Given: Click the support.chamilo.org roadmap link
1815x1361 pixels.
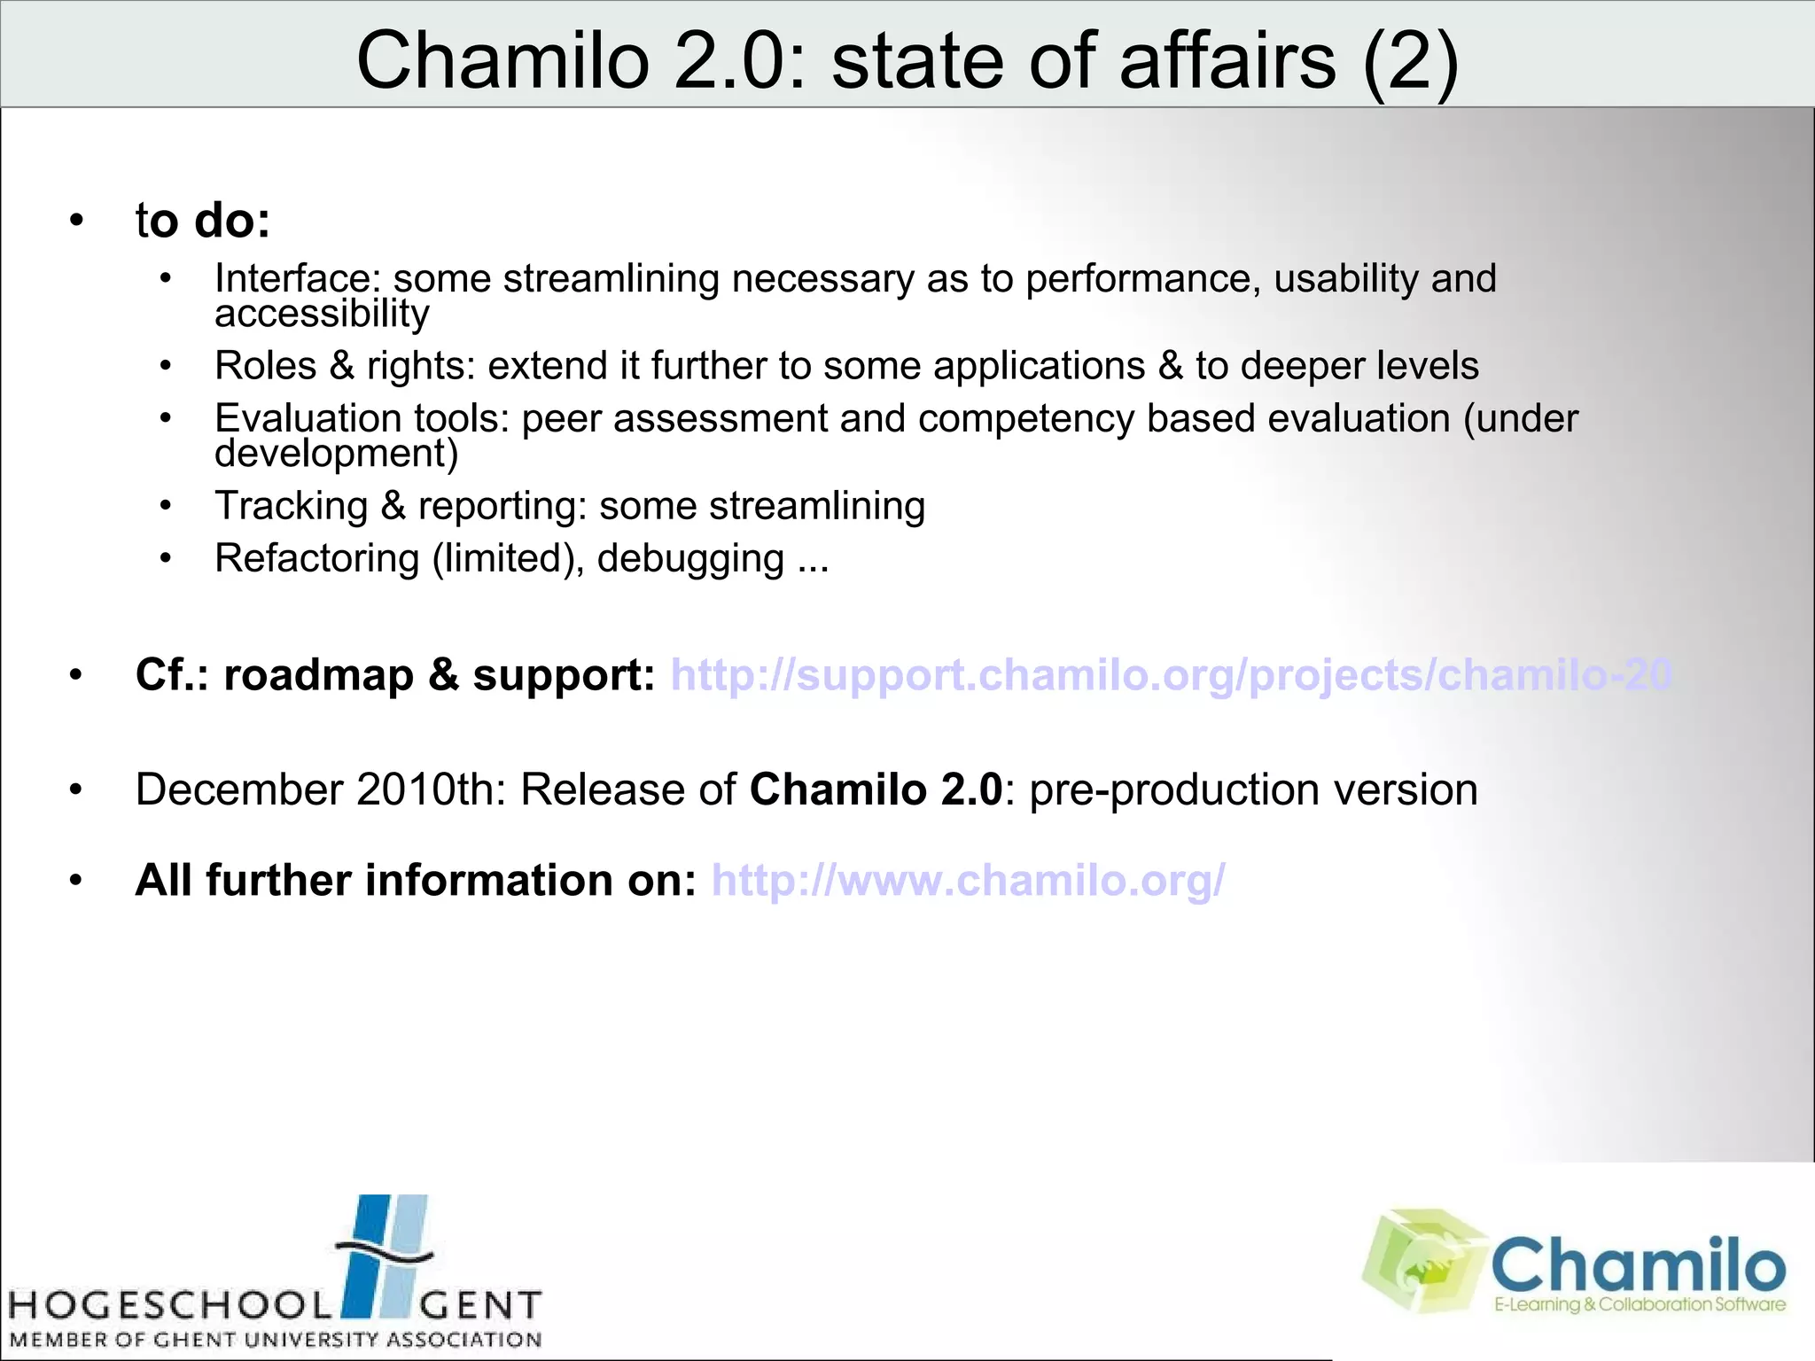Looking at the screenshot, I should pos(1170,675).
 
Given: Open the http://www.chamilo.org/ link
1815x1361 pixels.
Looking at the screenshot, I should pos(968,881).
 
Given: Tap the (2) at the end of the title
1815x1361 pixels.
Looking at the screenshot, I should pos(1410,60).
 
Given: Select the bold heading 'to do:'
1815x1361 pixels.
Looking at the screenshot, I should pos(202,220).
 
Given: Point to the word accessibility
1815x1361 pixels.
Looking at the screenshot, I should pos(322,314).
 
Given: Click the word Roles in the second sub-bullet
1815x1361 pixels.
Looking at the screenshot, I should pos(265,366).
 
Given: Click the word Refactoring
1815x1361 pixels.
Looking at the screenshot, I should pos(316,558).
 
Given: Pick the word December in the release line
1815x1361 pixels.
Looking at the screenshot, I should pos(238,789).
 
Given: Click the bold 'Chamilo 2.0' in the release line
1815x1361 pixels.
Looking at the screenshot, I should pos(876,789).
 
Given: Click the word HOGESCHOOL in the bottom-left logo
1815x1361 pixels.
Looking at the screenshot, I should pos(168,1305).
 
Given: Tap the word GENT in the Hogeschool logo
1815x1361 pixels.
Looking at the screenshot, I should pos(479,1305).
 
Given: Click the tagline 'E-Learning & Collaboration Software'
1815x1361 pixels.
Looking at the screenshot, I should pos(1640,1304).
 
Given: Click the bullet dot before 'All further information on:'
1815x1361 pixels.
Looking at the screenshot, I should pos(76,881).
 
